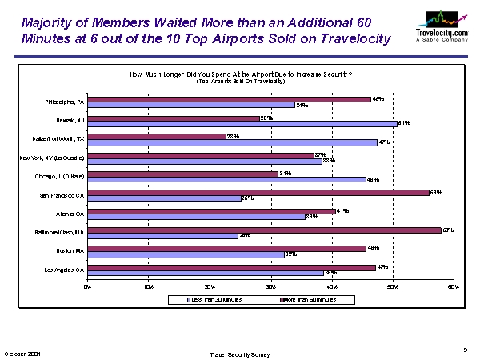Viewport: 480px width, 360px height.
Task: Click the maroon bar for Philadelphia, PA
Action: [230, 99]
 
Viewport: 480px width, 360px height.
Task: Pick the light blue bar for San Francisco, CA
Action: [164, 198]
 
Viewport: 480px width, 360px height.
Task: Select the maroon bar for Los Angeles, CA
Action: [232, 267]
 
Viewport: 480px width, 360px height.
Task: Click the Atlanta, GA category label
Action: [71, 214]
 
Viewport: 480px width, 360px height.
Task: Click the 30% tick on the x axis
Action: [270, 286]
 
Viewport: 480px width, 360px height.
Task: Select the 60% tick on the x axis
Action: [453, 286]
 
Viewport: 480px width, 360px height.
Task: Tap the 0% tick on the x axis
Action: [88, 286]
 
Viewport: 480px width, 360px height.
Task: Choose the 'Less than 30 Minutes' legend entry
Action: [215, 299]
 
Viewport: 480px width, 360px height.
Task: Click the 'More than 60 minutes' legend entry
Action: [307, 299]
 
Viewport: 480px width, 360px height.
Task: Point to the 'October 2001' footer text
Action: [23, 352]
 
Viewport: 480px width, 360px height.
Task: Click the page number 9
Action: [465, 348]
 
